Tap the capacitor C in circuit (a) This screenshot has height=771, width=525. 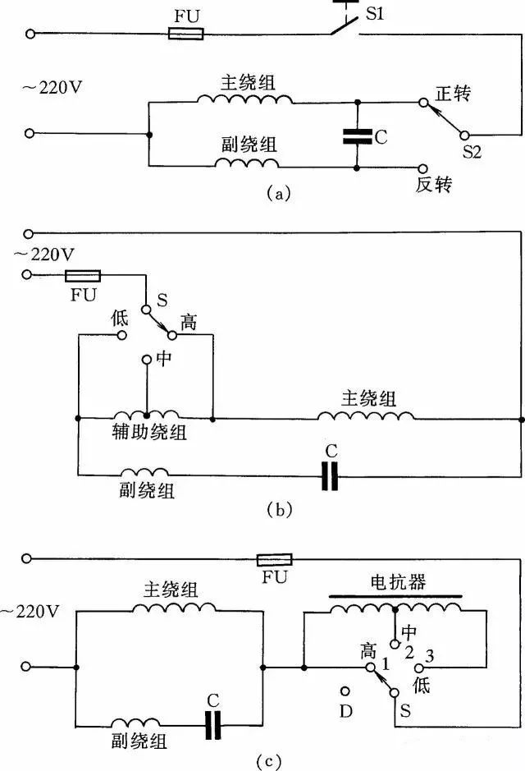point(358,135)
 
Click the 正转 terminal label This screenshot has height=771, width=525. point(452,94)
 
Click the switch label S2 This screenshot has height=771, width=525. point(472,152)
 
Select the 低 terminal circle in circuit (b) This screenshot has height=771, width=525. point(122,335)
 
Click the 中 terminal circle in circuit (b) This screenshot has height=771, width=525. point(147,360)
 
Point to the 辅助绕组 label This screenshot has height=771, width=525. point(149,433)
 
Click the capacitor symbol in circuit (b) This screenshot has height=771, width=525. point(330,475)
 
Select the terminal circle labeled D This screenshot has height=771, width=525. point(345,692)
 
